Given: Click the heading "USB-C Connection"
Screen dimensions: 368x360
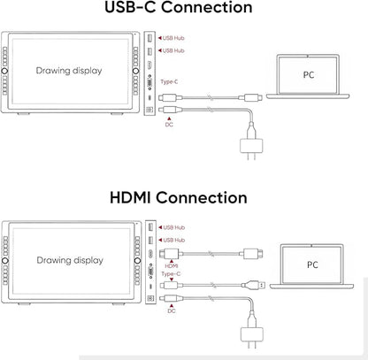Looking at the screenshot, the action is tap(179, 7).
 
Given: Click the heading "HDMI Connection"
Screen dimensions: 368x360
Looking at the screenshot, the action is tap(179, 197).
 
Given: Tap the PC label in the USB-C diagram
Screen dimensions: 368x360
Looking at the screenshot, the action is tap(309, 75).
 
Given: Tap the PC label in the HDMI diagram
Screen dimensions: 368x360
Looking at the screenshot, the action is tap(312, 264).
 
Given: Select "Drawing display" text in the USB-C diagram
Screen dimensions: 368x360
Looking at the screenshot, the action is tap(69, 71).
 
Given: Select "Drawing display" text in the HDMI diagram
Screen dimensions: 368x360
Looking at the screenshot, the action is tap(70, 260).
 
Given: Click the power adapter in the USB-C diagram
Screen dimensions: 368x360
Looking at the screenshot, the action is tap(251, 146).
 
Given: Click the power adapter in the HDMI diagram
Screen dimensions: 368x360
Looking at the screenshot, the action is tap(252, 334).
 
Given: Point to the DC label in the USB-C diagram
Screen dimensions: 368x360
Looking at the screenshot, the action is tap(169, 125).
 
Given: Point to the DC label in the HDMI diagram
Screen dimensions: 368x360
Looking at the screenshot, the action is tap(172, 311).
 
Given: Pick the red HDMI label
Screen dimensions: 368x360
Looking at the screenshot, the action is tap(172, 266).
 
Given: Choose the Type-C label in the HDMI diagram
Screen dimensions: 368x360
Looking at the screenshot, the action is tap(171, 274).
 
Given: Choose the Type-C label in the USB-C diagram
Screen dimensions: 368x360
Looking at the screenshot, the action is tap(169, 81).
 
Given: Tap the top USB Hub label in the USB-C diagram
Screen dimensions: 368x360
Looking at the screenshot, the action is tap(173, 38).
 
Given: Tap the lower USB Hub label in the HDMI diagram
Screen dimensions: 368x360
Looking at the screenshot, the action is tap(174, 241).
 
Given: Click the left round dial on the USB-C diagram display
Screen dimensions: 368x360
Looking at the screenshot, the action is tap(4, 71).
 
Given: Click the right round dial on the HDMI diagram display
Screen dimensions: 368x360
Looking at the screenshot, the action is tap(137, 261).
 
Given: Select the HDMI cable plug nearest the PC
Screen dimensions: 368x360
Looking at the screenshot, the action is tap(253, 254).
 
